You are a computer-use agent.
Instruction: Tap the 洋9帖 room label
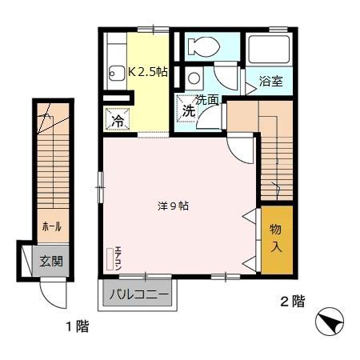pos(173,206)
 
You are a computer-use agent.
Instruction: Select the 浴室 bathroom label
pos(270,81)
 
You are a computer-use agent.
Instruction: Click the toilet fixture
pos(204,46)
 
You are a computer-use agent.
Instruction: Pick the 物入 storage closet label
pos(275,238)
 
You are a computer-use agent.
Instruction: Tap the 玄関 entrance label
pos(53,259)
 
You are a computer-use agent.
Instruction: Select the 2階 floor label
pos(291,302)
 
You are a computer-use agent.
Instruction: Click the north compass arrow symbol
pos(330,325)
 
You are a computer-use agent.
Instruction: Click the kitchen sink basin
pos(114,71)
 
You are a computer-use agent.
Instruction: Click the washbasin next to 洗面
pos(194,78)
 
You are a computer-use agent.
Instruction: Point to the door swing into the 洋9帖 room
pos(239,149)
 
